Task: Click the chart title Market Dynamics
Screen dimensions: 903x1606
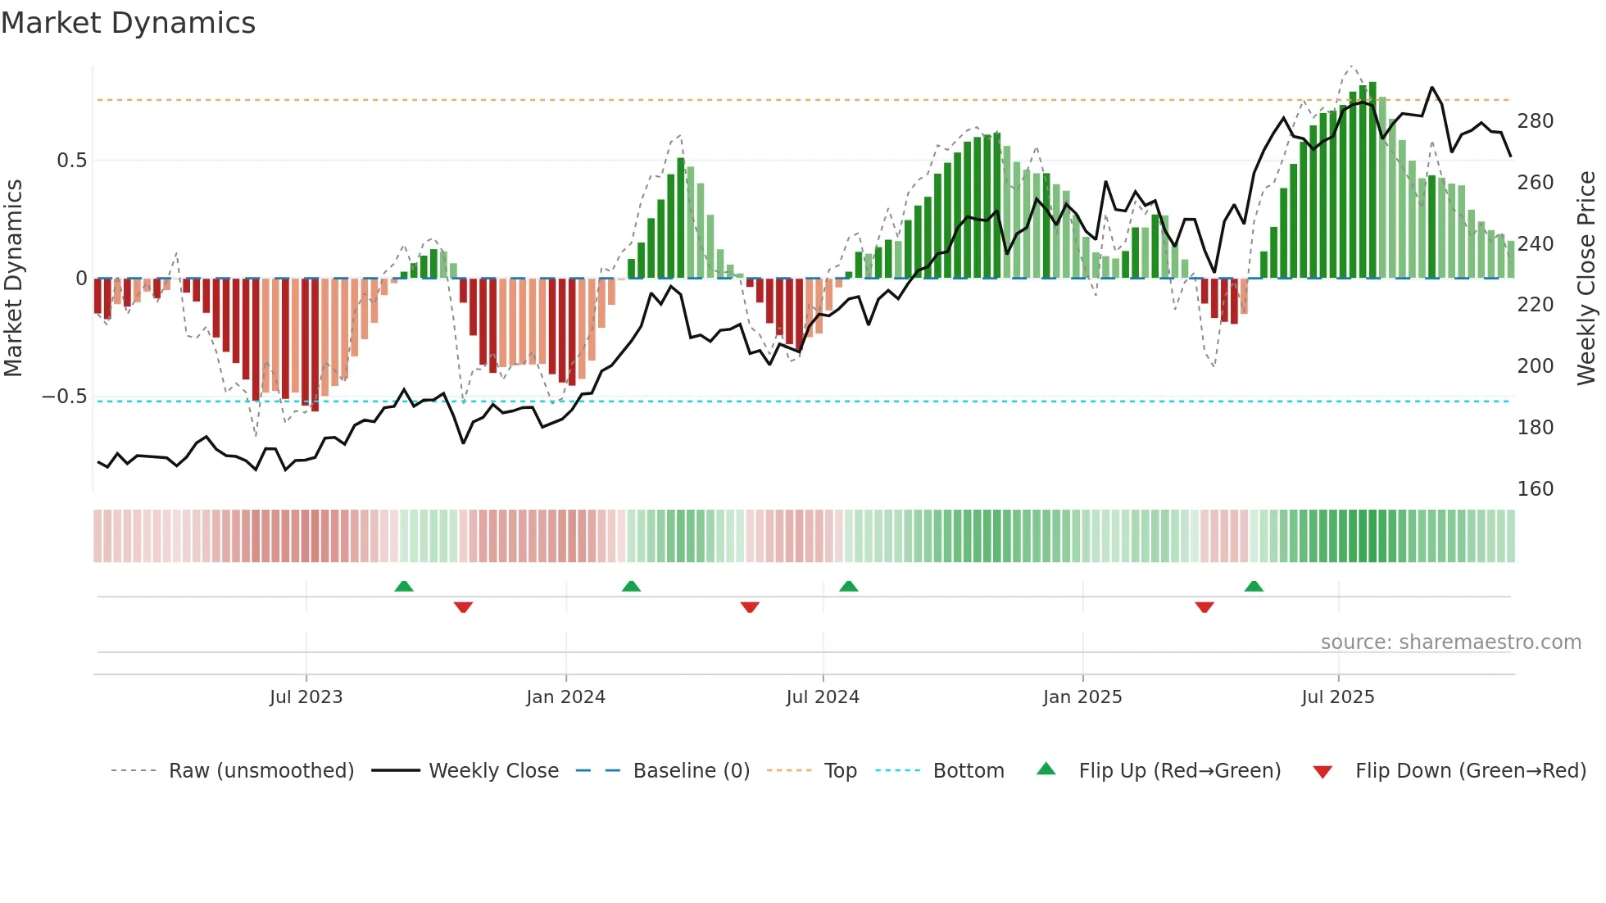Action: pos(129,23)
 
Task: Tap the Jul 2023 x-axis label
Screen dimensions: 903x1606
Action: pos(306,697)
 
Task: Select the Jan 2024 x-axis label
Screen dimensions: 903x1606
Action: pos(565,697)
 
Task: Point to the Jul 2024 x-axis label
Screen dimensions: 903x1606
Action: pos(823,697)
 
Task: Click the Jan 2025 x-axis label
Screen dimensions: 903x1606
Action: pos(1082,697)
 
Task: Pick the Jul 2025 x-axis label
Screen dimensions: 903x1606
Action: pos(1338,697)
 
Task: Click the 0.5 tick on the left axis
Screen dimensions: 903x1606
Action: pos(72,161)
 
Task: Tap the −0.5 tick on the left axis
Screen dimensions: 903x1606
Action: pos(65,397)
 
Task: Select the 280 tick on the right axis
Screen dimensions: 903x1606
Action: pos(1535,121)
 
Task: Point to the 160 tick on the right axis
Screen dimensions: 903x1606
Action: pos(1535,489)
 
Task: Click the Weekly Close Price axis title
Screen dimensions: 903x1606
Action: pos(1586,279)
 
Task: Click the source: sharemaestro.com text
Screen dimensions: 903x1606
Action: pos(1450,642)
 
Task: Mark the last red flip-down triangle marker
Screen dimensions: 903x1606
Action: pos(1204,607)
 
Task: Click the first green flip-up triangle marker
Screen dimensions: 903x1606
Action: pos(403,586)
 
